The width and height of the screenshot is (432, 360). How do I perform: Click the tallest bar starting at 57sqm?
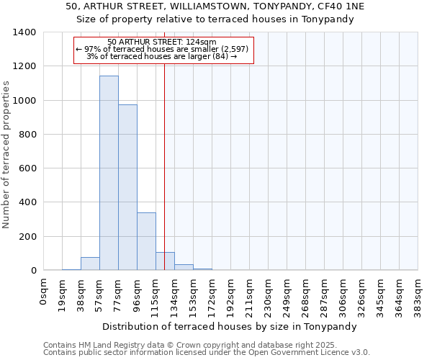pyautogui.click(x=109, y=173)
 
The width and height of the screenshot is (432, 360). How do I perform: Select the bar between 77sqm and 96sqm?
pyautogui.click(x=127, y=187)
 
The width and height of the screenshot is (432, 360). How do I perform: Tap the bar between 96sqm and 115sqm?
pyautogui.click(x=146, y=241)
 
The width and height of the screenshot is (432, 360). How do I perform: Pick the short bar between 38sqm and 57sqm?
pyautogui.click(x=90, y=264)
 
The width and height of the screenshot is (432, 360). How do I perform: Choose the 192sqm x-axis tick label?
pyautogui.click(x=231, y=294)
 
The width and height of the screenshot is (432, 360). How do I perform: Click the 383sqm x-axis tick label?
pyautogui.click(x=418, y=294)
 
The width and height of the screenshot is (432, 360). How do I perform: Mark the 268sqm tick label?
pyautogui.click(x=306, y=294)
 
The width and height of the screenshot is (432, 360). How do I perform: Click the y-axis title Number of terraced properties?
pyautogui.click(x=6, y=155)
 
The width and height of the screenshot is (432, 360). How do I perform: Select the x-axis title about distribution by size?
pyautogui.click(x=230, y=326)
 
